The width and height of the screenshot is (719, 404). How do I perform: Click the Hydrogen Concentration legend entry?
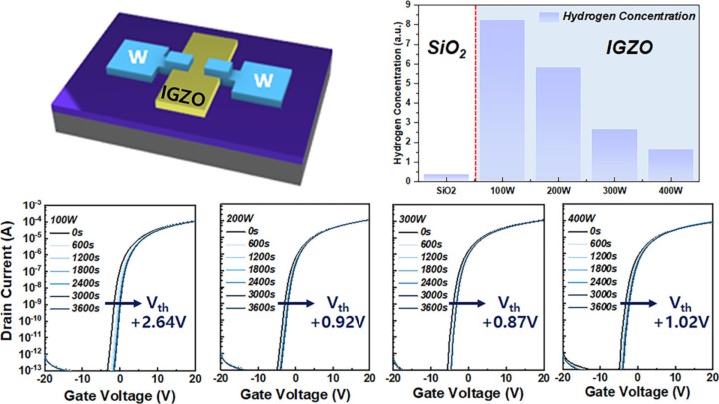629,16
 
